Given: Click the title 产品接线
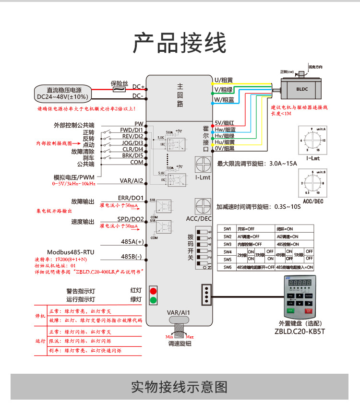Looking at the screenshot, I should [x=180, y=44].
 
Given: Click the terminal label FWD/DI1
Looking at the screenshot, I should [x=131, y=130].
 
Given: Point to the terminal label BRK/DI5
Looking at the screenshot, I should [x=132, y=155].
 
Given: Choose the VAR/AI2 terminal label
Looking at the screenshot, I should [x=131, y=181].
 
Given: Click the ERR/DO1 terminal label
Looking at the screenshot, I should [x=131, y=198].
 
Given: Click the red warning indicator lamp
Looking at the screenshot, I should [x=154, y=291].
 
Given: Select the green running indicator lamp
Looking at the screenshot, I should [x=154, y=301].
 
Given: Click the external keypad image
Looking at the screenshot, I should [x=299, y=297].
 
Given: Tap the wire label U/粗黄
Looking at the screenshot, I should [x=224, y=80].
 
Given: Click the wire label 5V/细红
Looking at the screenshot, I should [x=224, y=123].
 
